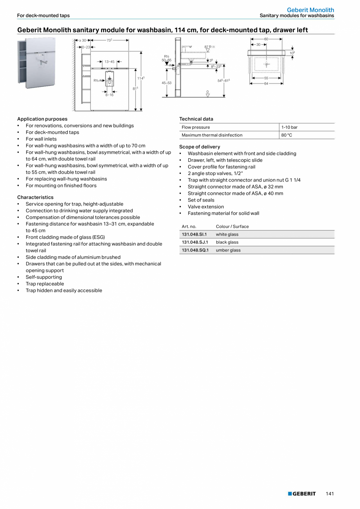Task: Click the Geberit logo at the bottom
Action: click(302, 494)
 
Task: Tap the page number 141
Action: click(330, 494)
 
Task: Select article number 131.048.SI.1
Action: click(194, 234)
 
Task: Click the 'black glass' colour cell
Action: click(227, 242)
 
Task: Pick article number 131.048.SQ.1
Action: click(195, 250)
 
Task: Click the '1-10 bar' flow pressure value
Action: click(290, 127)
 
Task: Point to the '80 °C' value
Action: click(287, 135)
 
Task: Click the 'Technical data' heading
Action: click(196, 119)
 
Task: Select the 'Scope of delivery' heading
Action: click(200, 147)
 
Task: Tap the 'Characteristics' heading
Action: click(35, 197)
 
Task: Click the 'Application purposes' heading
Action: click(42, 119)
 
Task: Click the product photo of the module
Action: click(36, 63)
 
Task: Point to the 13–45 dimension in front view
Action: click(109, 61)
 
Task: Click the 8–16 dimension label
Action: click(109, 95)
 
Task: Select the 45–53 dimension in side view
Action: click(167, 83)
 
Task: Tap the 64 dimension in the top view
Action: click(266, 83)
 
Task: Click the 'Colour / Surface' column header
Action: click(232, 226)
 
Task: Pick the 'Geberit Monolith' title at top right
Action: click(310, 10)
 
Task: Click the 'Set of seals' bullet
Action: click(201, 200)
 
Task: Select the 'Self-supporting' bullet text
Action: click(43, 277)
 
